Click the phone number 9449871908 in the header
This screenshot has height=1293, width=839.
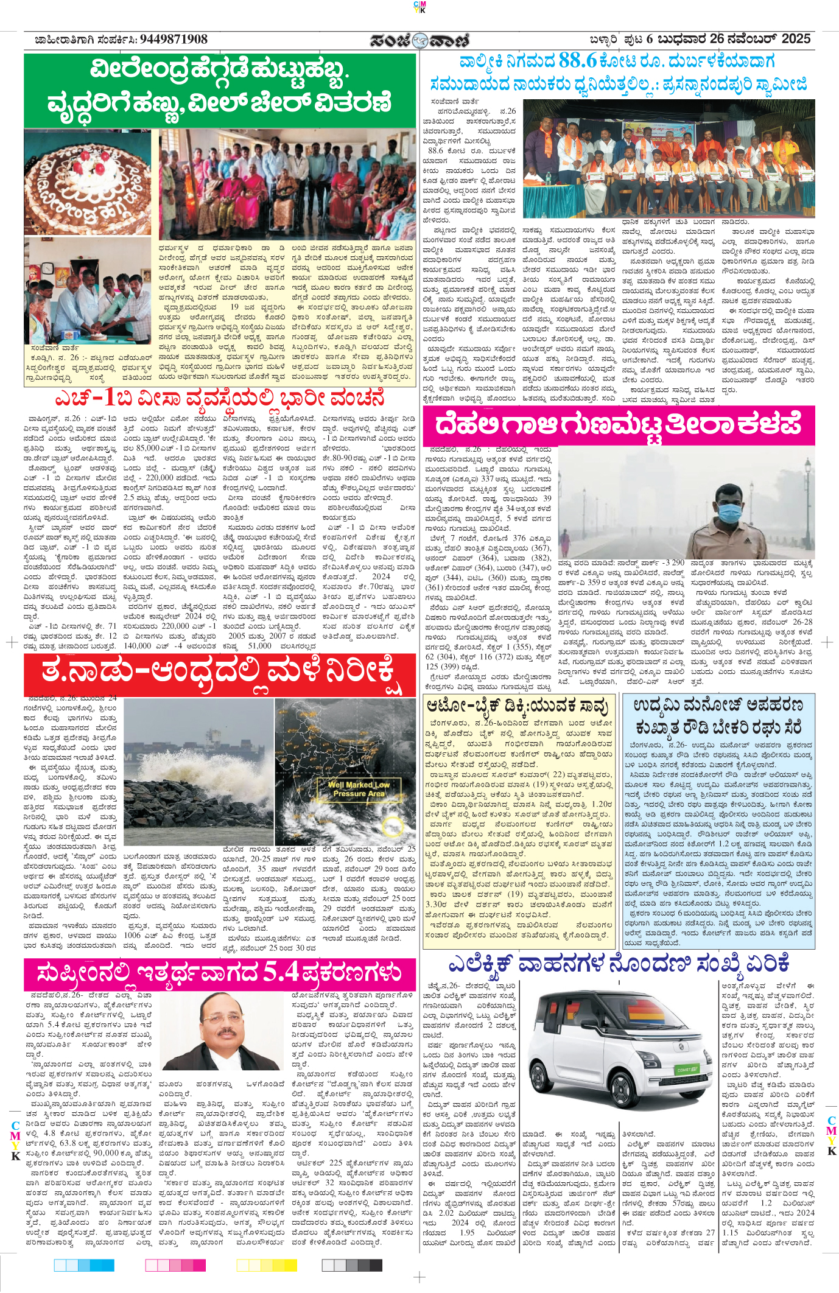(174, 40)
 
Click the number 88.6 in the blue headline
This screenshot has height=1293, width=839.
(577, 61)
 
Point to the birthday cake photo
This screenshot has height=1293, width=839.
(88, 182)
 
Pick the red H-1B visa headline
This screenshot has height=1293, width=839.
(220, 398)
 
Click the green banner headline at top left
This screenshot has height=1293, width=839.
(220, 86)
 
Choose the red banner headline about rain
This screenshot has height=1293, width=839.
(220, 674)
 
